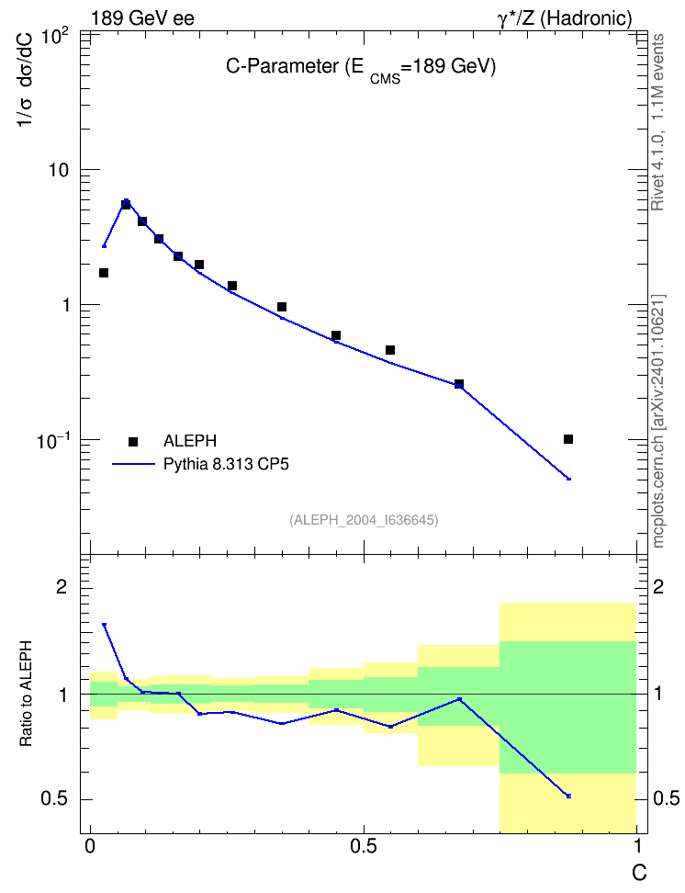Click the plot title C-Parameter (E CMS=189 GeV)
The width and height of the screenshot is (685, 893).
pyautogui.click(x=361, y=68)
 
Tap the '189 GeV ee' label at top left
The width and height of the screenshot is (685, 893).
pyautogui.click(x=142, y=18)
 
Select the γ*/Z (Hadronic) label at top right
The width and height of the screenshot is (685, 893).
pyautogui.click(x=565, y=18)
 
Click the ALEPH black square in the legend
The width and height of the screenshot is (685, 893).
pyautogui.click(x=133, y=441)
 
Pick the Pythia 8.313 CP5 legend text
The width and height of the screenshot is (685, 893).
pyautogui.click(x=226, y=464)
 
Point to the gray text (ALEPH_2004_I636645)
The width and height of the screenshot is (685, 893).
pyautogui.click(x=364, y=520)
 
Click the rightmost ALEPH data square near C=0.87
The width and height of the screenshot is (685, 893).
pyautogui.click(x=568, y=439)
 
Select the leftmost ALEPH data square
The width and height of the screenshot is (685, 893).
pyautogui.click(x=104, y=273)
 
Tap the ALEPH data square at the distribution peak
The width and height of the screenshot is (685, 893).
pyautogui.click(x=126, y=204)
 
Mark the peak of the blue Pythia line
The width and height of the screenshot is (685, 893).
pyautogui.click(x=126, y=200)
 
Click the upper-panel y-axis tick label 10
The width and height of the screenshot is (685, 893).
pyautogui.click(x=58, y=170)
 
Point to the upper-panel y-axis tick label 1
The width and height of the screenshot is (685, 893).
pyautogui.click(x=65, y=305)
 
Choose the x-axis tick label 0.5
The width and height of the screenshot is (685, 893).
pyautogui.click(x=364, y=846)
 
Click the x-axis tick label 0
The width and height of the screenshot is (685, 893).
pyautogui.click(x=90, y=846)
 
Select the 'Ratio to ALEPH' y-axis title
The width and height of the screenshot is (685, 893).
pyautogui.click(x=26, y=694)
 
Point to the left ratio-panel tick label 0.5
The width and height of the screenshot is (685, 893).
pyautogui.click(x=54, y=799)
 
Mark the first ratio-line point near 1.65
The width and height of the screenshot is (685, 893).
pyautogui.click(x=104, y=625)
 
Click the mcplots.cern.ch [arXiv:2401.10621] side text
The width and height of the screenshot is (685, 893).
pyautogui.click(x=658, y=422)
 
